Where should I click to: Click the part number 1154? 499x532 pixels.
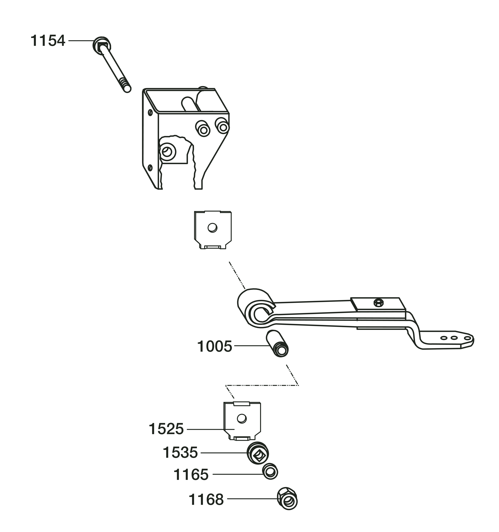pyautogui.click(x=48, y=41)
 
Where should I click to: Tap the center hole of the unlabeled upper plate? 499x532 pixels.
pyautogui.click(x=212, y=228)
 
